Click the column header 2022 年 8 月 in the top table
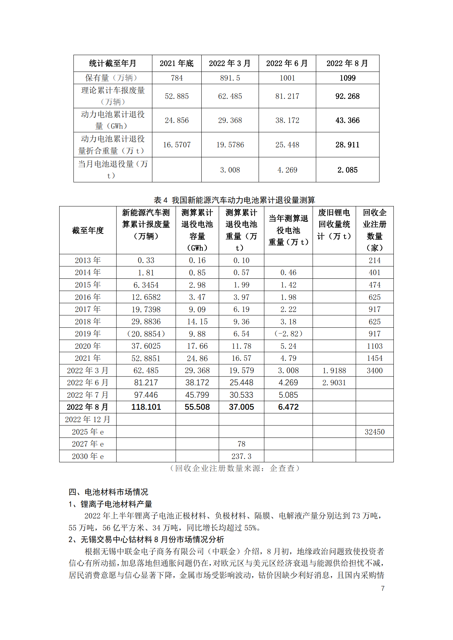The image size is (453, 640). coord(347,63)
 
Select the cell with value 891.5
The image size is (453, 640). coord(230,78)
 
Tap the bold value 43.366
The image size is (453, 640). coord(347,120)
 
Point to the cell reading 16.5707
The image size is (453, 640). coord(177,145)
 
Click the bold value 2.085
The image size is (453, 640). coord(347,170)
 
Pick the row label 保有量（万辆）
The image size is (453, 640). coord(113,78)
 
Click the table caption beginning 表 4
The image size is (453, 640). coord(234,200)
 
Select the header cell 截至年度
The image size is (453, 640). coord(88,230)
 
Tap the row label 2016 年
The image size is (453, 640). coord(88,297)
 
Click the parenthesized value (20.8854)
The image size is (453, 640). coord(146,334)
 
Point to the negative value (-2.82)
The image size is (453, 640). coord(288,334)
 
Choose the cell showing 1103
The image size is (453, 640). coord(374,346)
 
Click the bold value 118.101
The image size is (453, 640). coord(146,407)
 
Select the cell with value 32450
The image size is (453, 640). coord(374,432)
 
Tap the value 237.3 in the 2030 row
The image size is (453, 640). coord(241,456)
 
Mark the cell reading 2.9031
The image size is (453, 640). coord(334,383)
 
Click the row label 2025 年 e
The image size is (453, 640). coord(88,432)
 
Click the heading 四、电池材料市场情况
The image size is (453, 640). coord(109,492)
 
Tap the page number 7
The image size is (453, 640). coord(382,589)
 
